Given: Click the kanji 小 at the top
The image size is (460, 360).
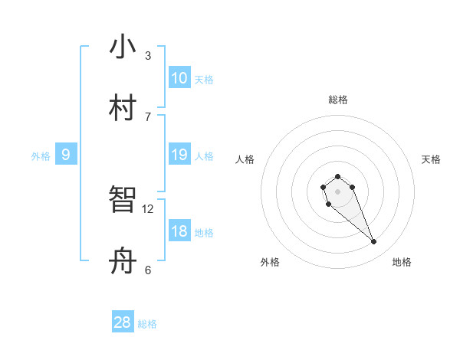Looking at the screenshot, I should click(x=123, y=47).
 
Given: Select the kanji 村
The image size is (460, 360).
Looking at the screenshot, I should click(x=123, y=108).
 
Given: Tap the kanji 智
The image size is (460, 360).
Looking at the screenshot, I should click(x=123, y=201).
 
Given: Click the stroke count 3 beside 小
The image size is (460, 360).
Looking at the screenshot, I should click(x=148, y=55).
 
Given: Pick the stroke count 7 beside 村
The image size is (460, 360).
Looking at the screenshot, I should click(x=148, y=116).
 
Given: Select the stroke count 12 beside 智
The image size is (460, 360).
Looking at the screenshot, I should click(x=148, y=208).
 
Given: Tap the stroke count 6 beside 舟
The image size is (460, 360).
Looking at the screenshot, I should click(x=148, y=270).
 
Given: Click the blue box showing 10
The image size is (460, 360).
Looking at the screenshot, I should click(x=179, y=78).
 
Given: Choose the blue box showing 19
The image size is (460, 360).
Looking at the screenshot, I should click(x=179, y=155).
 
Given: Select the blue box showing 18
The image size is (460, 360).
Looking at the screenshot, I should click(x=179, y=231).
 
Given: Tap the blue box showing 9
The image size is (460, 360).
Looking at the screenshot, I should click(x=66, y=155).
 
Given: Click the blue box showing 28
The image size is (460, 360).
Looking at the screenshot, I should click(x=123, y=322).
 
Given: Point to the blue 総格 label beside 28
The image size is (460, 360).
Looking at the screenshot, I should click(x=147, y=324).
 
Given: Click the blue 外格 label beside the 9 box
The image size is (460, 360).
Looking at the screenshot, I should click(x=41, y=156).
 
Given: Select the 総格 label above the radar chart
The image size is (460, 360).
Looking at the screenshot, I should click(x=337, y=100).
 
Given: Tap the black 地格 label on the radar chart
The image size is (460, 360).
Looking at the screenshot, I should click(x=402, y=262).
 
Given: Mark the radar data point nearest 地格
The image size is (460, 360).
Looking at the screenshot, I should click(x=374, y=242).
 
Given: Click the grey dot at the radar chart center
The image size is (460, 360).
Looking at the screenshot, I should click(x=337, y=191).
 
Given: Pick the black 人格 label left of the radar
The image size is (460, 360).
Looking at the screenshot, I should click(x=245, y=159).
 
